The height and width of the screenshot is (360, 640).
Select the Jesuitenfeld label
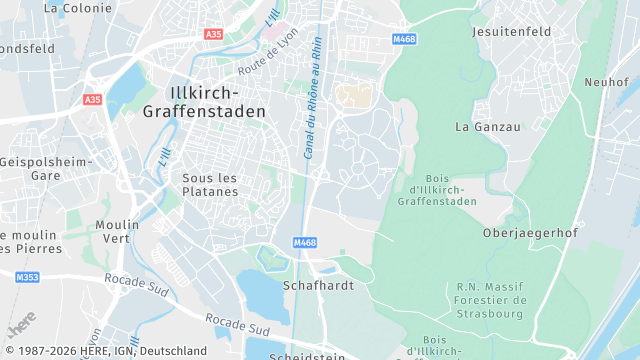(511, 32)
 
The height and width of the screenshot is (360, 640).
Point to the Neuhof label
(606, 82)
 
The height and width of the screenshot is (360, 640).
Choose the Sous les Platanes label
(210, 184)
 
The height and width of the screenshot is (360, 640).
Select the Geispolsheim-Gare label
(46, 168)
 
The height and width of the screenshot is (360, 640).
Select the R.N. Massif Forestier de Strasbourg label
(491, 300)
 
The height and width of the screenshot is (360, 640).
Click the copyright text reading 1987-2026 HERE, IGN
(104, 351)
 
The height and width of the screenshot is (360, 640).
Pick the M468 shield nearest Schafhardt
(305, 242)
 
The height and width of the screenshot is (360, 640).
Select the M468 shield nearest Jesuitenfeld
(403, 39)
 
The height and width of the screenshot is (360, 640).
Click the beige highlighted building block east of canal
(353, 95)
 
